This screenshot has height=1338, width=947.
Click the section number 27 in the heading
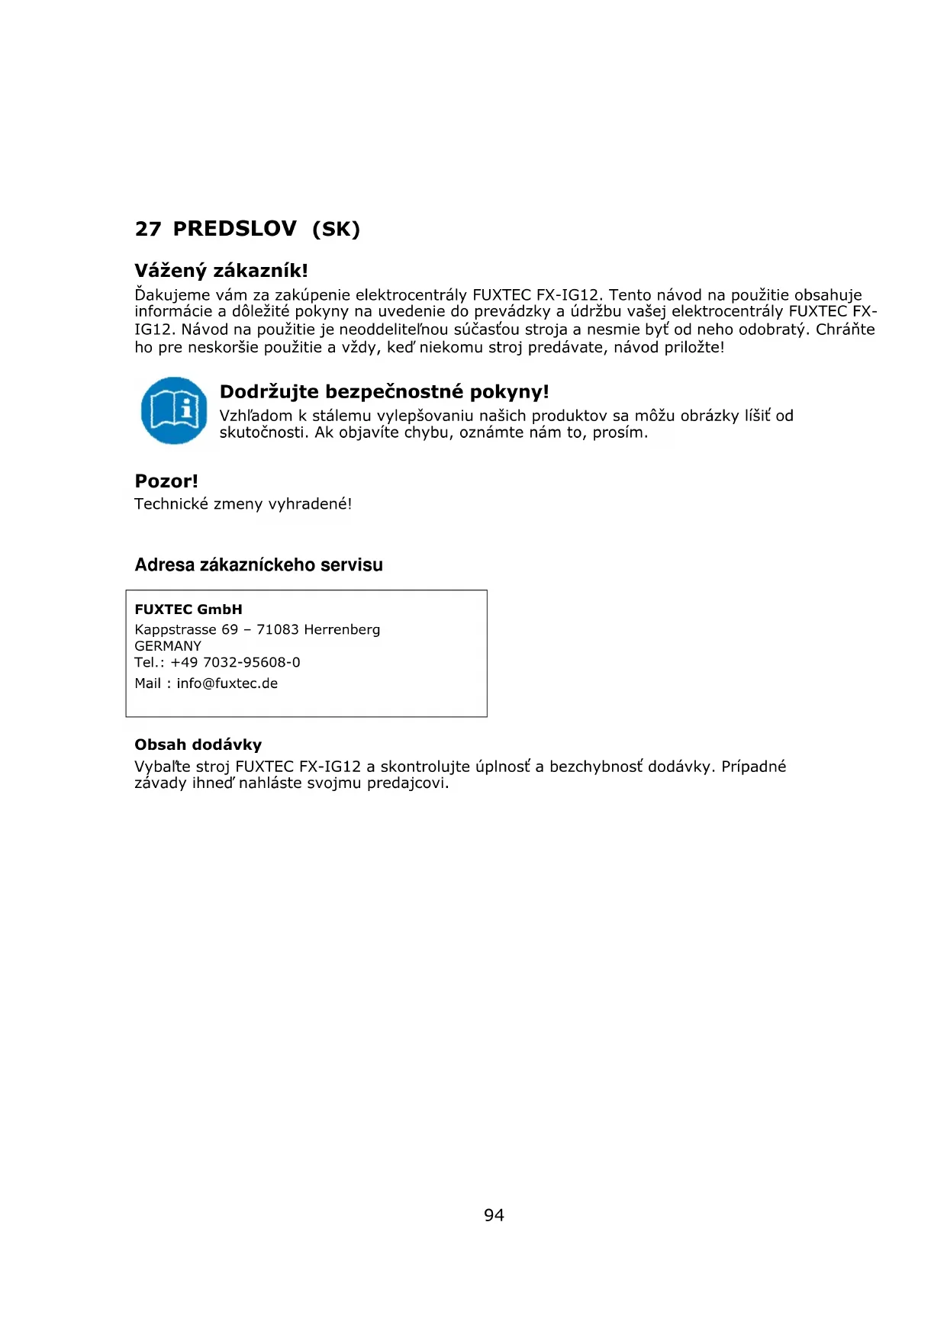[x=148, y=229]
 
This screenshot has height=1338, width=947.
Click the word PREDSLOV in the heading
[x=234, y=229]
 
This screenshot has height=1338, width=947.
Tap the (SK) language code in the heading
[x=336, y=229]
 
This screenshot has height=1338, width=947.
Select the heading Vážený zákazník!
[x=221, y=271]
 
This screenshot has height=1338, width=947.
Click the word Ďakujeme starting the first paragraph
[x=172, y=295]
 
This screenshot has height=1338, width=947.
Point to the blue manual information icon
[x=174, y=410]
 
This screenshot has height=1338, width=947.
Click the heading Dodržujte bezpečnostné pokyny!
[x=384, y=392]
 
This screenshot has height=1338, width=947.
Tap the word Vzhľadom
[x=256, y=416]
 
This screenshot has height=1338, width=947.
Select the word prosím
[x=622, y=433]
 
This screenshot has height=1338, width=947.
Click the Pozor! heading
[x=166, y=481]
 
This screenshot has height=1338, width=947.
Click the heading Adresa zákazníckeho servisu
[x=259, y=565]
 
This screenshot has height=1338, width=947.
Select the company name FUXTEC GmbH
[x=188, y=609]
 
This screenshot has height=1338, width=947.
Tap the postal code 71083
[x=278, y=630]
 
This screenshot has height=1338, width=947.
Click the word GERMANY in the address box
[x=168, y=646]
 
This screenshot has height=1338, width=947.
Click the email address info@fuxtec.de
[x=227, y=683]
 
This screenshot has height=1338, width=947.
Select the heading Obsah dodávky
[x=198, y=745]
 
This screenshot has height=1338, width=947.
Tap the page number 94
[x=494, y=1215]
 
